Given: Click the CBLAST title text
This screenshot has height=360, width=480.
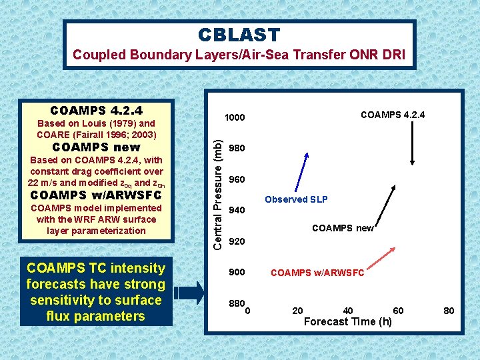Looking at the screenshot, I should click(239, 35).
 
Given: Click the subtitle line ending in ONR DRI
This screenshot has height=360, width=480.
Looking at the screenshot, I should click(239, 55).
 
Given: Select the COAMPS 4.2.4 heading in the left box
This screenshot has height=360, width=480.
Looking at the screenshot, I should click(96, 110).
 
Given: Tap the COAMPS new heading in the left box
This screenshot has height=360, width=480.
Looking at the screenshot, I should click(96, 147).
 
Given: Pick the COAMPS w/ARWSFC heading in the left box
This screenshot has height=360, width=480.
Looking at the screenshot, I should click(96, 195).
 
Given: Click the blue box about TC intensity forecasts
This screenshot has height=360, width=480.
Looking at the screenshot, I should click(96, 292).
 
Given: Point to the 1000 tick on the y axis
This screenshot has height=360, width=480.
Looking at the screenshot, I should click(235, 118).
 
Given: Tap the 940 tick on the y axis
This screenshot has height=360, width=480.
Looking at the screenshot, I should click(237, 211).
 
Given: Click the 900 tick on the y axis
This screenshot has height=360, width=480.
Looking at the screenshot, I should click(237, 272).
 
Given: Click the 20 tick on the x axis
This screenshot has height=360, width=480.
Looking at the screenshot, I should click(298, 311).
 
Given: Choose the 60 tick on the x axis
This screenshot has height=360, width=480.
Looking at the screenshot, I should click(398, 311).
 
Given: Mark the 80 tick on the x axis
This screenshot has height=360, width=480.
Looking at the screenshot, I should click(449, 311).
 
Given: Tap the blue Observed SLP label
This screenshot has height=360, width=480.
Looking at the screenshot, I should click(296, 199).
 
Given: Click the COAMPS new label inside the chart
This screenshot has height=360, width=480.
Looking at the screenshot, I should click(343, 228).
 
